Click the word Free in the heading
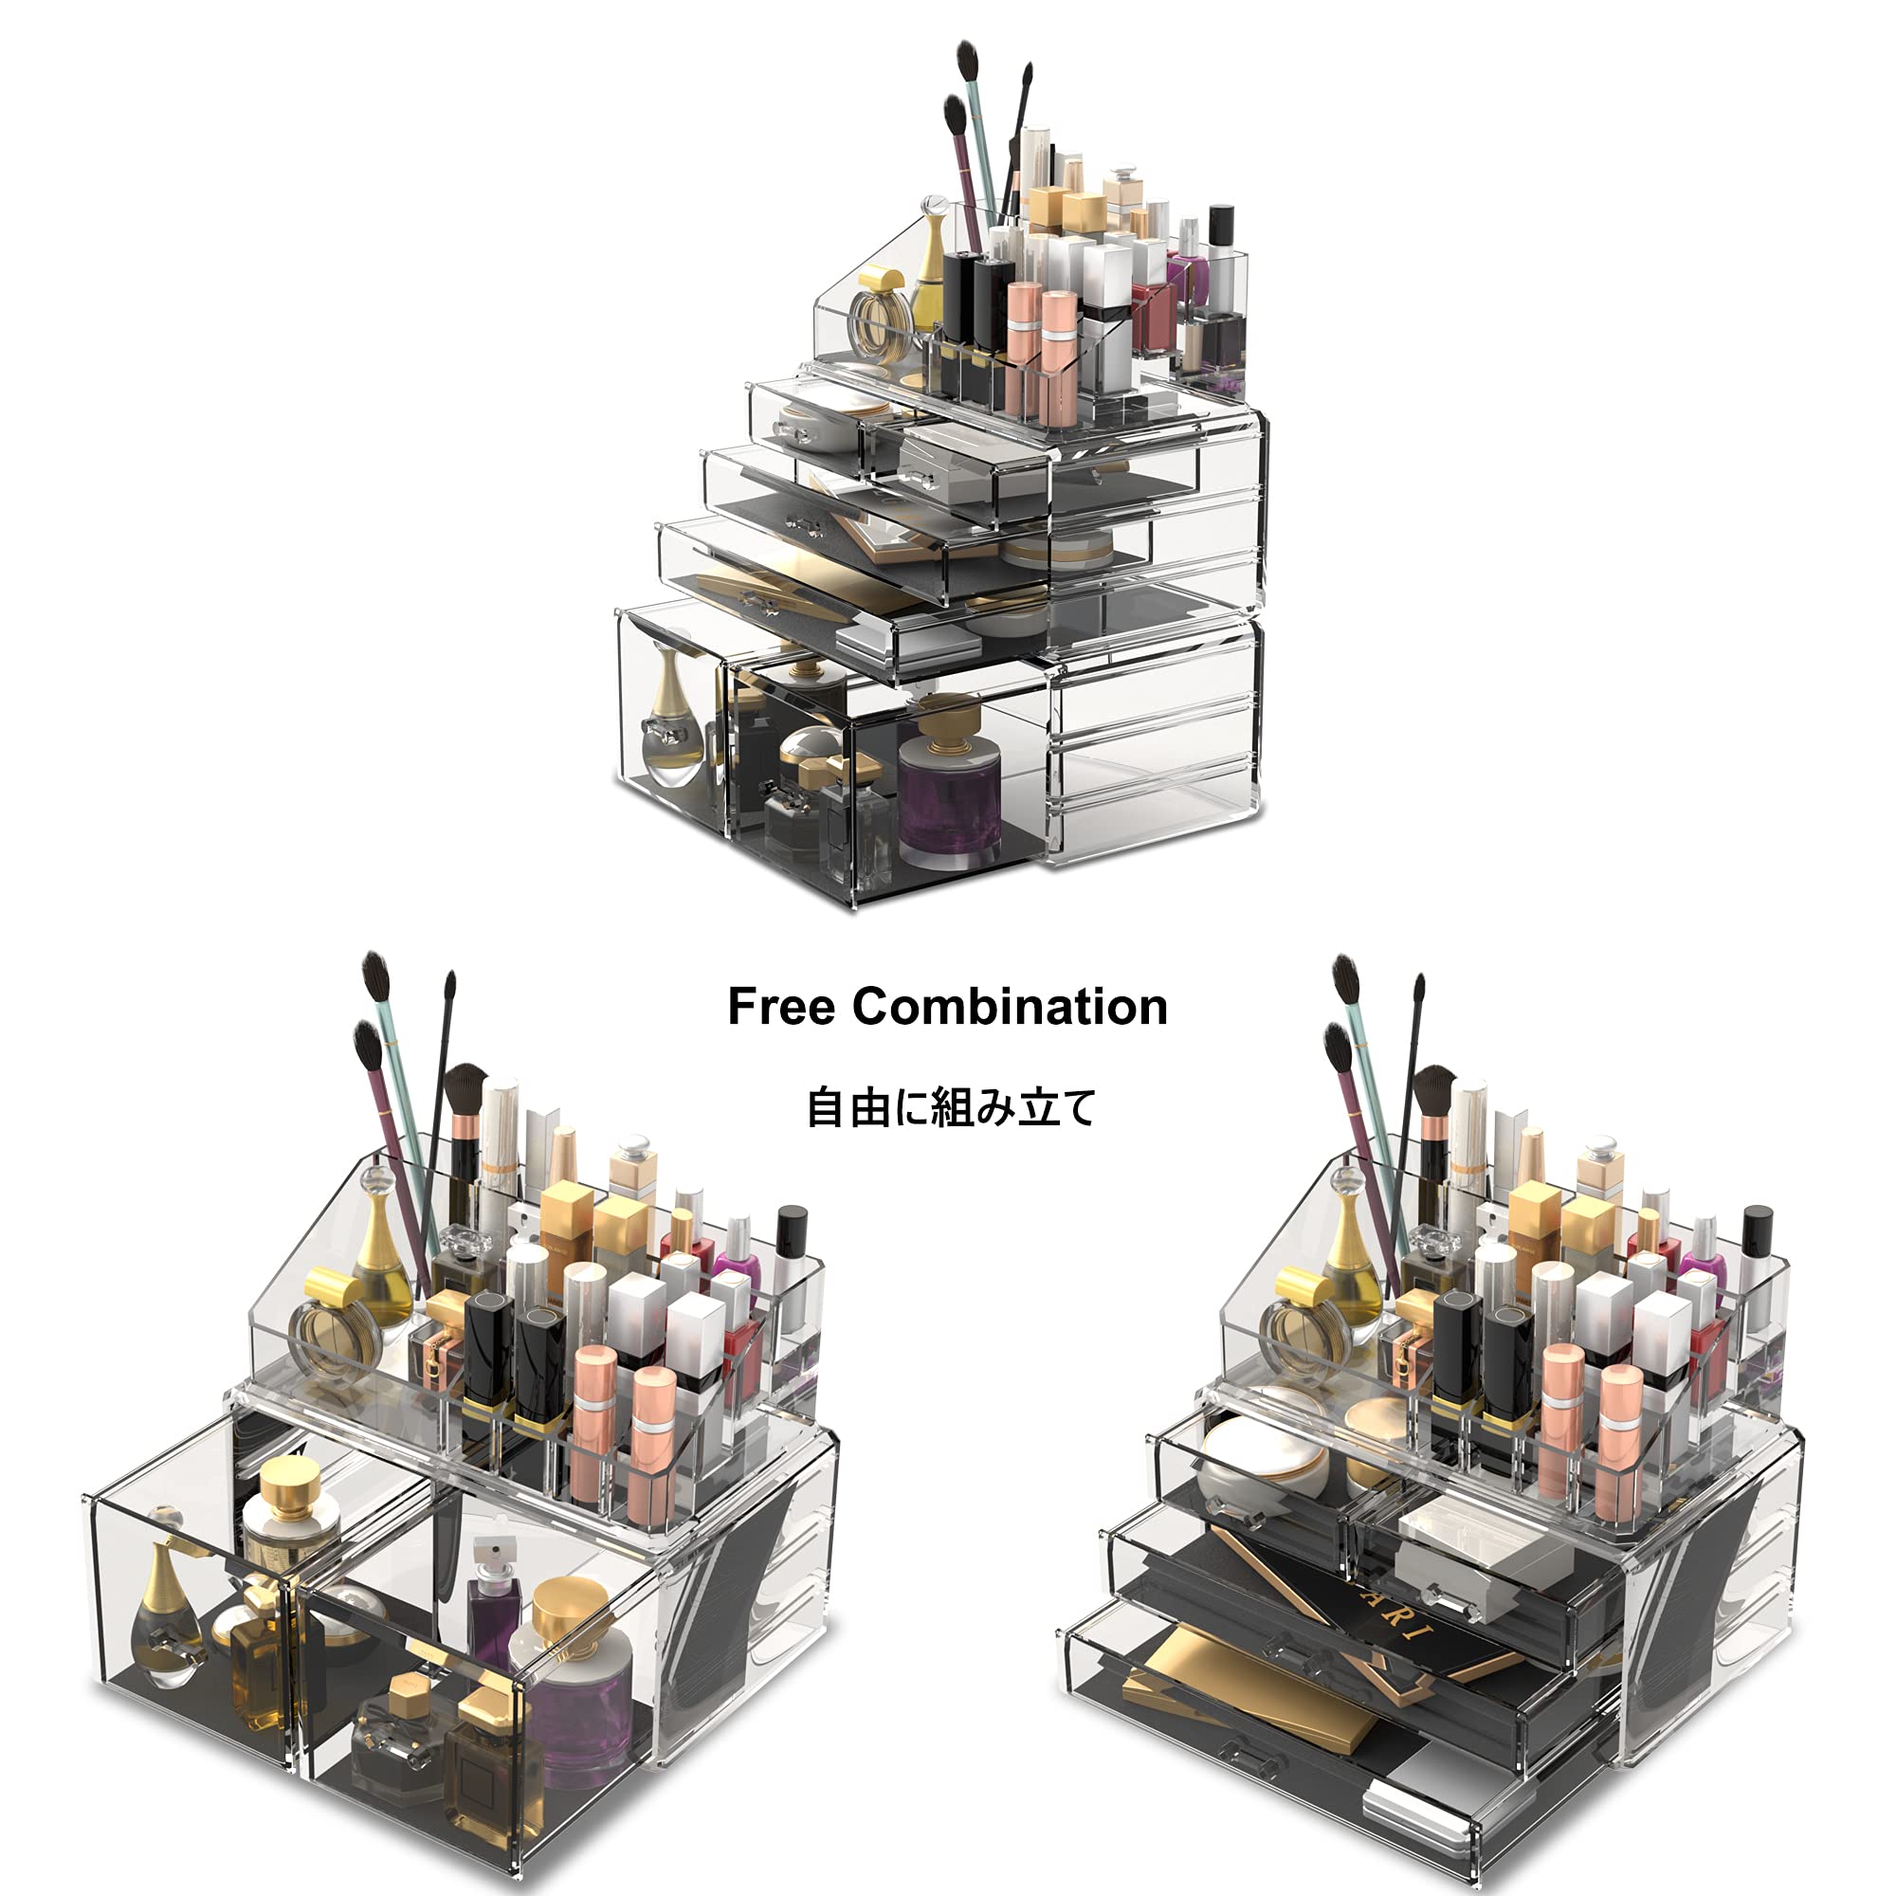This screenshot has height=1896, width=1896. [781, 1008]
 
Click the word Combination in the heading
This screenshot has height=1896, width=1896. [1010, 1008]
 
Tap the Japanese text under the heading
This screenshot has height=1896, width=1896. [950, 1108]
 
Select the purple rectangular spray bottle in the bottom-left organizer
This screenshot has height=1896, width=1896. [491, 1602]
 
